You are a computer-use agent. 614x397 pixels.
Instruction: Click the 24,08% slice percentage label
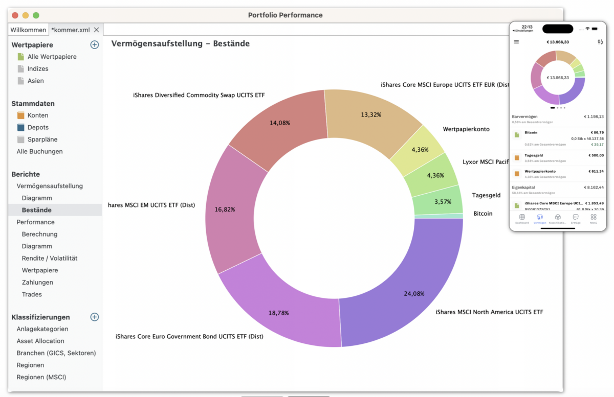(414, 293)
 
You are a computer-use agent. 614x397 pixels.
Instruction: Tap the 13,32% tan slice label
(371, 114)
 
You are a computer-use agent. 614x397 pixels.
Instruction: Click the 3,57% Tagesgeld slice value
(443, 202)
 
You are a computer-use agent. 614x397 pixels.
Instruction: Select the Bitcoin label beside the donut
(483, 214)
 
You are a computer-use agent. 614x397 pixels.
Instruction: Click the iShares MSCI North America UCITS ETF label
(489, 312)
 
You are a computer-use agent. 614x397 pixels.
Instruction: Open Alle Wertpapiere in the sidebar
(52, 57)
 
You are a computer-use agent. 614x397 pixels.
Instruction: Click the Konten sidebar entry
(38, 115)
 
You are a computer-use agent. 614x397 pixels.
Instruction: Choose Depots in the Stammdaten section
(38, 127)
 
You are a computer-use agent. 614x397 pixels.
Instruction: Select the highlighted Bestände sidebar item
(36, 210)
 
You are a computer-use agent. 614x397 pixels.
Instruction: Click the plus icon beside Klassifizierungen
(94, 317)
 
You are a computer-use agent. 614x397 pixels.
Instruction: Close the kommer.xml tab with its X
(96, 30)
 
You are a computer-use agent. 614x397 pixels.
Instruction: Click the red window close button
(15, 15)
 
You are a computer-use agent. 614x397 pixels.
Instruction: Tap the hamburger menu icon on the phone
(516, 42)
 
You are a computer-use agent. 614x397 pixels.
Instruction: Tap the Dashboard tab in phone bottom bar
(522, 219)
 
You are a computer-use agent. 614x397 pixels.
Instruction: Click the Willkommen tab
(28, 30)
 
